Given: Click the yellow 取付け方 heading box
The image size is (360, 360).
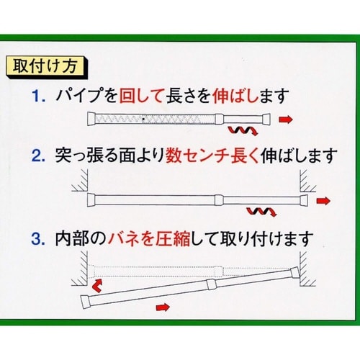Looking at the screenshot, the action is (x=45, y=66).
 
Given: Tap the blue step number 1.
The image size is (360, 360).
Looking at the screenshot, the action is (x=38, y=96).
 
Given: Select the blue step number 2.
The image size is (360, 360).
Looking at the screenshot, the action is (x=38, y=156).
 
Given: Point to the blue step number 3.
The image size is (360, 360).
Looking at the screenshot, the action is (x=38, y=239).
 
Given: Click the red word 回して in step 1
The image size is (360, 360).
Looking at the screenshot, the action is (x=141, y=96).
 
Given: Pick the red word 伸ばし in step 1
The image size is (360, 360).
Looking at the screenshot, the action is (x=235, y=96).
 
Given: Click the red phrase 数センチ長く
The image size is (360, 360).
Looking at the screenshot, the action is (x=212, y=156).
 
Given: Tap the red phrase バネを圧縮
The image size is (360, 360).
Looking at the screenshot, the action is (x=149, y=239).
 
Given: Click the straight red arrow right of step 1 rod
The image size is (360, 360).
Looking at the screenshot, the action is (x=286, y=120).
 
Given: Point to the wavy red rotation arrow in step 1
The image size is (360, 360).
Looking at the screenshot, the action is (x=243, y=130).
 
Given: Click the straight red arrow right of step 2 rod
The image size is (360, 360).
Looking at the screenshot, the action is (x=323, y=201).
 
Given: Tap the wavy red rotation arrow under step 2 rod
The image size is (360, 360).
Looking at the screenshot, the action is (x=262, y=212).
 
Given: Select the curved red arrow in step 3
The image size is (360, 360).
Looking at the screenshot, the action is (x=97, y=286).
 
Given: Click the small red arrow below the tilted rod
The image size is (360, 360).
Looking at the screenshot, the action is (x=163, y=307).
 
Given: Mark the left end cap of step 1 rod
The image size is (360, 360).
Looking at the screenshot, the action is (x=91, y=119).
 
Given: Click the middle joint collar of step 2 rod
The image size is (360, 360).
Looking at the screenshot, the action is (x=219, y=200).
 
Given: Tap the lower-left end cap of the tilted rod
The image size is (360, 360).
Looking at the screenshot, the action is (x=86, y=302).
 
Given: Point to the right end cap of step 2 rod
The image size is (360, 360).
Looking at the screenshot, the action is (x=304, y=200).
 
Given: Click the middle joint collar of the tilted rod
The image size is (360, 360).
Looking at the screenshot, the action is (x=212, y=284).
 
